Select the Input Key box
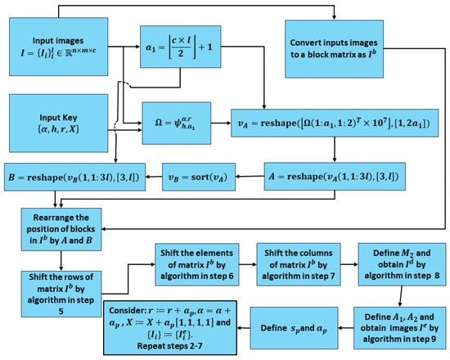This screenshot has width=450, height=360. coord(56,121)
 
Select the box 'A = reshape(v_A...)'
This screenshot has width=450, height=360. coord(335,178)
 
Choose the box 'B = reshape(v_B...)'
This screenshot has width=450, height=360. coord(72,178)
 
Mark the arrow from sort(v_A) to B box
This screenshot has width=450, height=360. coord(150,178)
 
